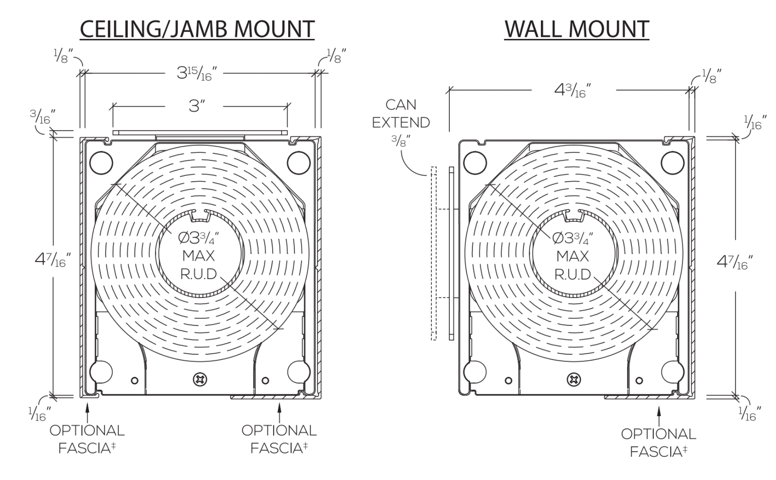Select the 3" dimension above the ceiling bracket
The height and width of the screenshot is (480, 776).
coord(197,106)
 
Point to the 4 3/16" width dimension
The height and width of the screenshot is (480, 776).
coord(573,90)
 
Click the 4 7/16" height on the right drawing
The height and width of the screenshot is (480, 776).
coord(735,262)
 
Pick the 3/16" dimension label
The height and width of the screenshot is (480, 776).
coord(42,117)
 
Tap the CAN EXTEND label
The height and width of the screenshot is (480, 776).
coord(401,114)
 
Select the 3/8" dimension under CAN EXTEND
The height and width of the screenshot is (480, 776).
coord(400,141)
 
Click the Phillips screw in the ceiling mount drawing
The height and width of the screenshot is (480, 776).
coord(200,380)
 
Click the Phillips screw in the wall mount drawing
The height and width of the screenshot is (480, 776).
coord(574,380)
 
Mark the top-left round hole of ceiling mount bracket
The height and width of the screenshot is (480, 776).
coord(101,163)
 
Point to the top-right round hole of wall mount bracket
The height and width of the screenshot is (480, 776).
coord(672,163)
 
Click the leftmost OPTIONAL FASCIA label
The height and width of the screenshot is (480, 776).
coord(87,439)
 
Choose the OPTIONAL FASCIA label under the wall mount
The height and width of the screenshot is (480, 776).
coord(658,442)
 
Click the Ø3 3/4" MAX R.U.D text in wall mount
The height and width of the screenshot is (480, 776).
coord(573,256)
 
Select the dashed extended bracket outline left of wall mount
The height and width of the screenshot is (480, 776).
coord(433,253)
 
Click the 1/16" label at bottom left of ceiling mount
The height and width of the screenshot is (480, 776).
coord(40,413)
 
